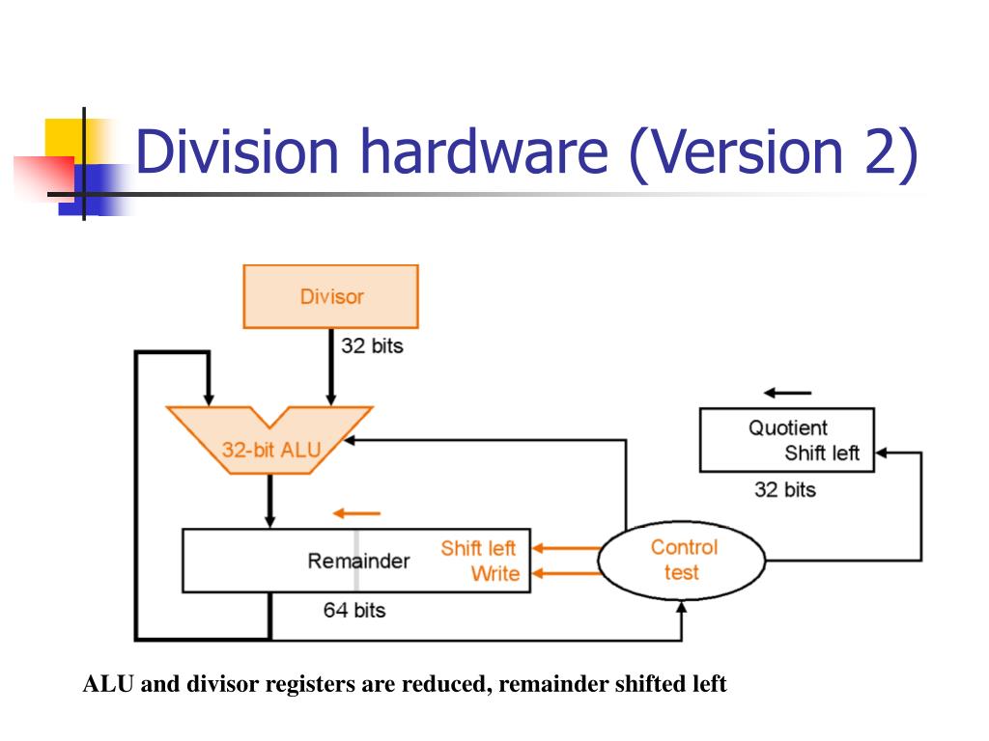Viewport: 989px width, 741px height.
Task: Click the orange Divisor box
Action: tap(330, 296)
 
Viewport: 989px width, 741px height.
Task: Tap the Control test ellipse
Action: tap(682, 560)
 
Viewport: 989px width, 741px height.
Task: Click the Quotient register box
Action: tap(786, 440)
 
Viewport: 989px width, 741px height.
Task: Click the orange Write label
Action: tap(494, 574)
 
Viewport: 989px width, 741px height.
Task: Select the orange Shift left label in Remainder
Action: tap(478, 548)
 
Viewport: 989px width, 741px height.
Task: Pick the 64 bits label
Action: tap(353, 610)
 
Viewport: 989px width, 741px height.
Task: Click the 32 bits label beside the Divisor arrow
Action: tap(372, 344)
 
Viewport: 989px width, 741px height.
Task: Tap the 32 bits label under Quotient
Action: tap(784, 490)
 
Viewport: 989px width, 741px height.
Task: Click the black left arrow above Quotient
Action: tap(787, 393)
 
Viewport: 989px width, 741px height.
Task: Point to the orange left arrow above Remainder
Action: tap(356, 513)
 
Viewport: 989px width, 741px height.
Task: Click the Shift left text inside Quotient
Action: tap(821, 453)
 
